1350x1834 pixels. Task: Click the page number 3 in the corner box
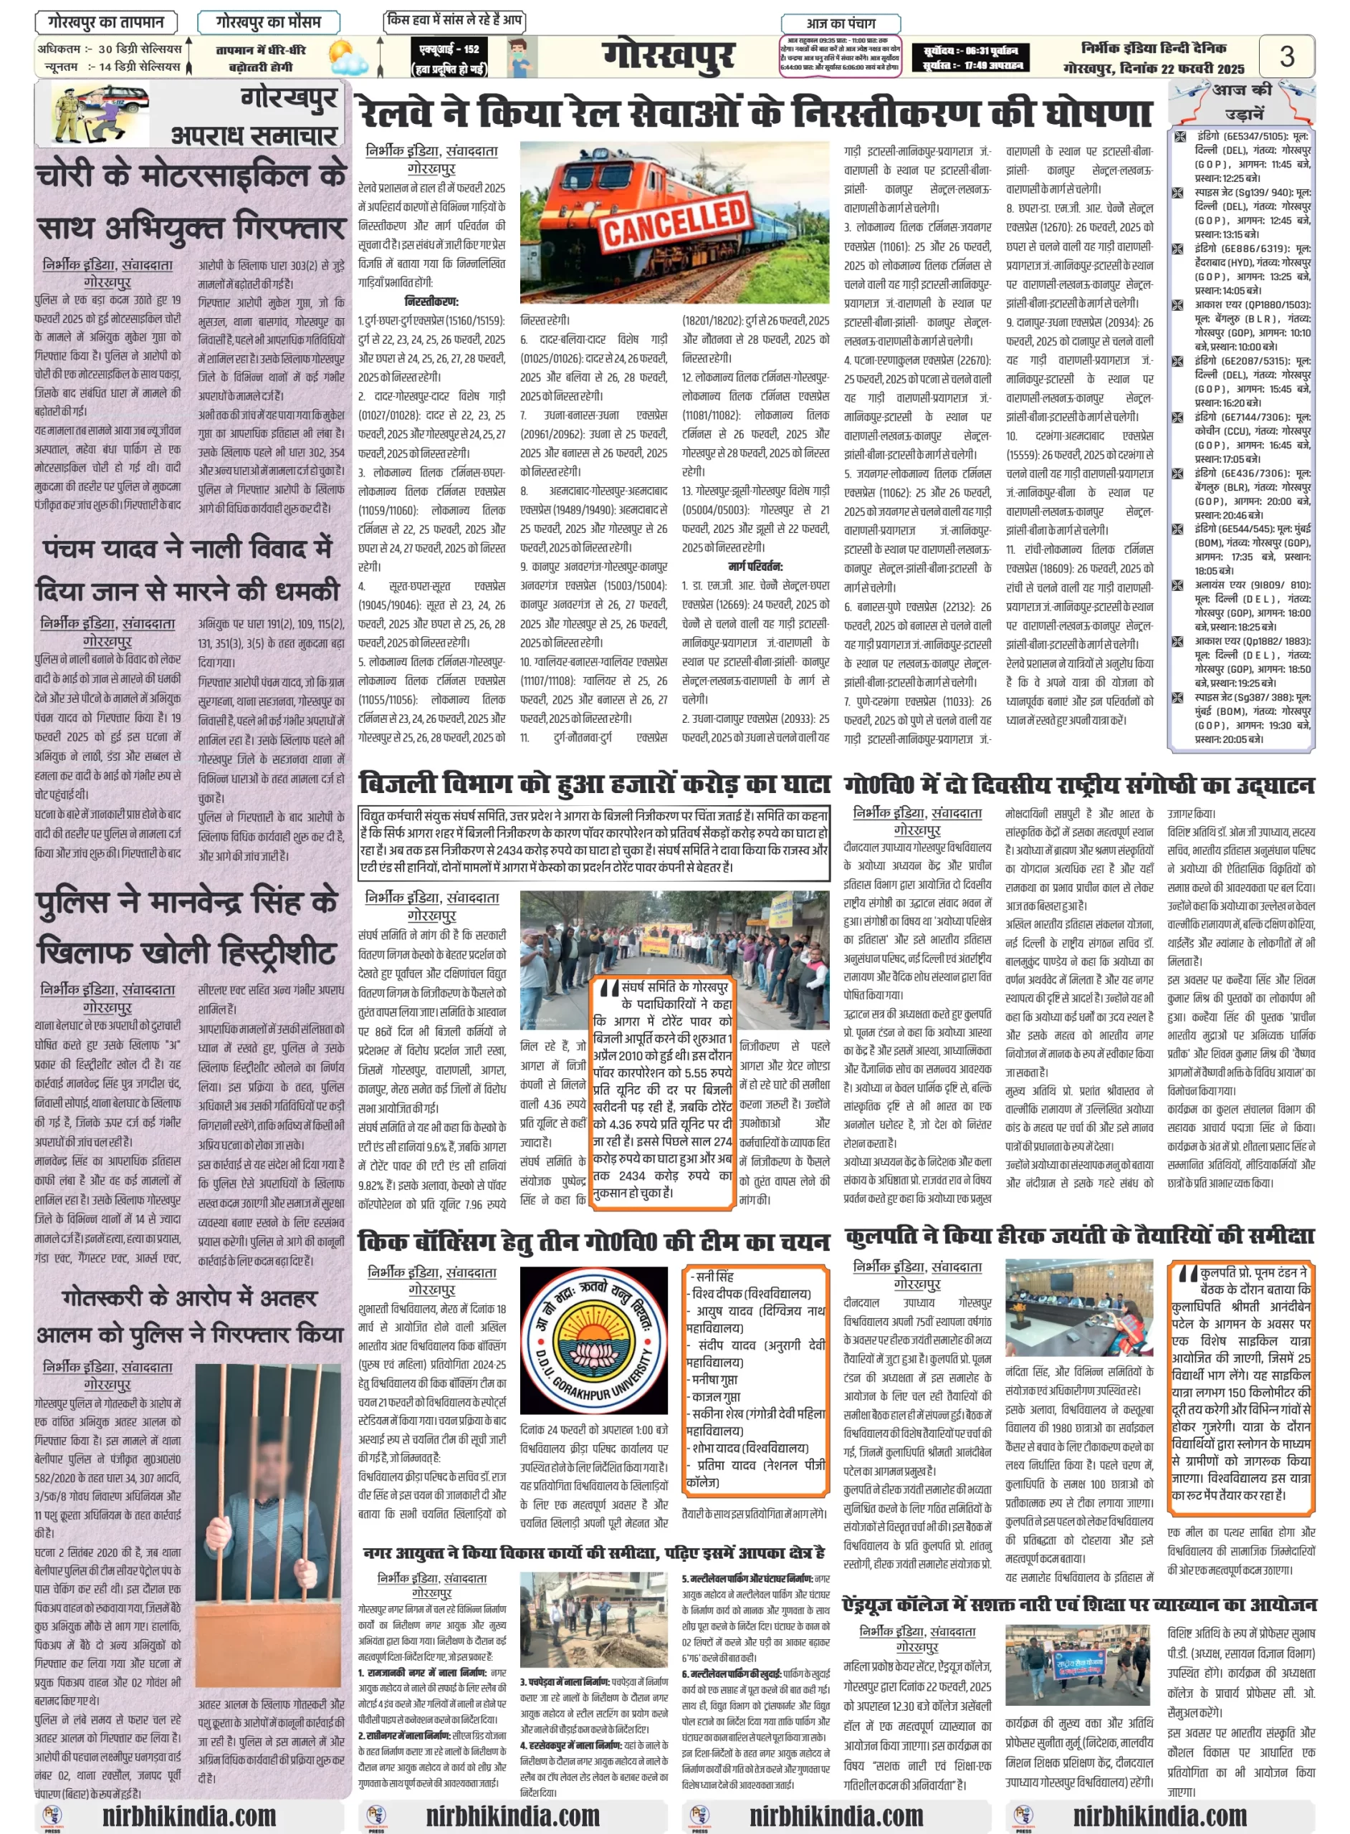pos(1286,57)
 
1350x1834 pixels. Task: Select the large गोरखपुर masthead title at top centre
pos(669,57)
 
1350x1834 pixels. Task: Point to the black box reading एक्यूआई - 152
pos(450,58)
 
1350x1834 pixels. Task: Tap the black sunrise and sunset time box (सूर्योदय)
pos(970,58)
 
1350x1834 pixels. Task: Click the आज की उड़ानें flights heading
pos(1243,101)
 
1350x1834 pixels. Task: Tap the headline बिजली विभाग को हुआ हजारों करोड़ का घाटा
pos(594,784)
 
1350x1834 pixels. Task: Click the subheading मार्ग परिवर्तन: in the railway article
pos(755,566)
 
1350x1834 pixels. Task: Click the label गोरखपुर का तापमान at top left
pos(105,22)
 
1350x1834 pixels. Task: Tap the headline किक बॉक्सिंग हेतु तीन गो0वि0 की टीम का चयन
pos(593,1242)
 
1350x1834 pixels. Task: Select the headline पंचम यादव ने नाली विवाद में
pos(187,548)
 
